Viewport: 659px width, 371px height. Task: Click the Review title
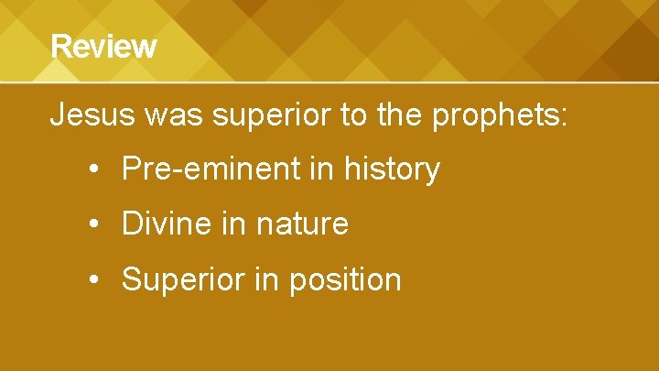tap(103, 46)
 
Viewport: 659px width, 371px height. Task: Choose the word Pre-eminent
tap(218, 169)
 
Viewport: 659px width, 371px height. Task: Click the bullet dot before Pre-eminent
tap(95, 170)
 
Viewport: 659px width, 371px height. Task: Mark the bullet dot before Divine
tap(95, 224)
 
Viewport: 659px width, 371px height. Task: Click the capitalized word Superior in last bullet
tap(182, 279)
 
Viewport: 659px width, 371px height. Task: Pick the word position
tap(345, 279)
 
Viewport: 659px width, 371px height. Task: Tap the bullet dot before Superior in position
tap(95, 279)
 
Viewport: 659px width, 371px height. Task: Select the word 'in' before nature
tap(235, 224)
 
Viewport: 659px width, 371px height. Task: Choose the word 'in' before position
tap(265, 278)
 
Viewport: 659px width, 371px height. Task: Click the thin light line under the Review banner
tap(329, 82)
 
